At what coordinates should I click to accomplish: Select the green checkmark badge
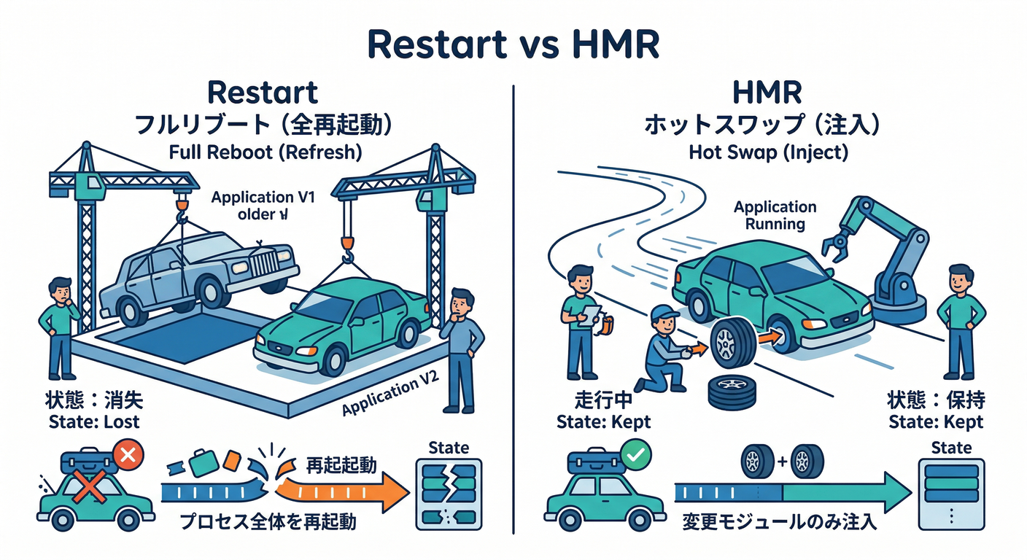click(635, 457)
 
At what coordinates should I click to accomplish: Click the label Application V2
click(390, 398)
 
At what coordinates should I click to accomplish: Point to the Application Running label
click(775, 215)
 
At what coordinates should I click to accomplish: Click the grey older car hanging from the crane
click(197, 270)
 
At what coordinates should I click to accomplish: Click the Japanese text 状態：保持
click(935, 400)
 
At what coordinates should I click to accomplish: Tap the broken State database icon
click(449, 493)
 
